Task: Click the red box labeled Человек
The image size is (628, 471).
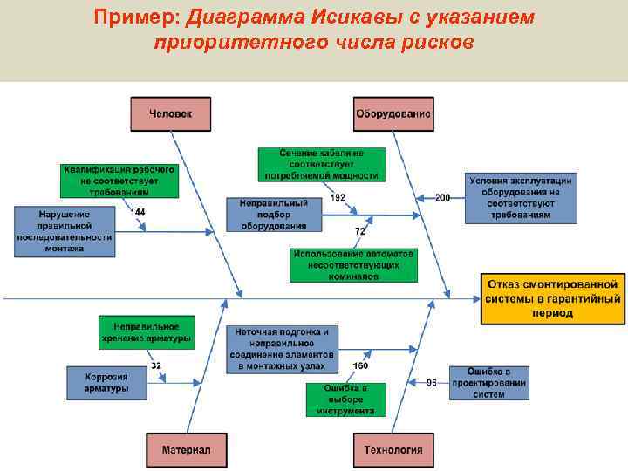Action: click(x=171, y=114)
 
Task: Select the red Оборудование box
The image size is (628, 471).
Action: click(x=393, y=114)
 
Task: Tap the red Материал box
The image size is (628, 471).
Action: click(x=186, y=450)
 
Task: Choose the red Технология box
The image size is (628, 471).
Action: click(x=393, y=450)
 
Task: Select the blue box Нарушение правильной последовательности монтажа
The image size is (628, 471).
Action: click(x=65, y=231)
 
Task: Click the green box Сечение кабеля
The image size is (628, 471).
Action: click(x=322, y=164)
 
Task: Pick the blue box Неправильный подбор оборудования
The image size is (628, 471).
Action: click(x=268, y=215)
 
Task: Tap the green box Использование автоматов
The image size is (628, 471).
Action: click(x=353, y=264)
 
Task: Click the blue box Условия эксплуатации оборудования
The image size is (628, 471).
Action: click(x=520, y=197)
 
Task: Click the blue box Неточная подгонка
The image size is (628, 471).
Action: click(x=281, y=349)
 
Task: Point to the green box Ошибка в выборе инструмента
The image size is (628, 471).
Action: click(x=345, y=399)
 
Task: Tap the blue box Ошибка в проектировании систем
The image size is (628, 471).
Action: click(x=489, y=383)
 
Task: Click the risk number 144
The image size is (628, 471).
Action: click(x=138, y=212)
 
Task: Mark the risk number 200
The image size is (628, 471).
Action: click(x=443, y=198)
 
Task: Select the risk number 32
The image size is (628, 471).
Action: click(x=156, y=365)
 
